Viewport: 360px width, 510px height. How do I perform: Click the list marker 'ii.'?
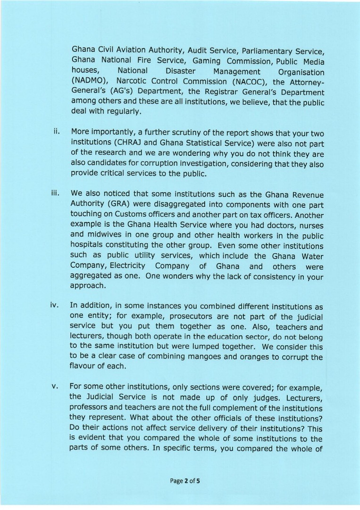56,130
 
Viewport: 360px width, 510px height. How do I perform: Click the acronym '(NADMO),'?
90,82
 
